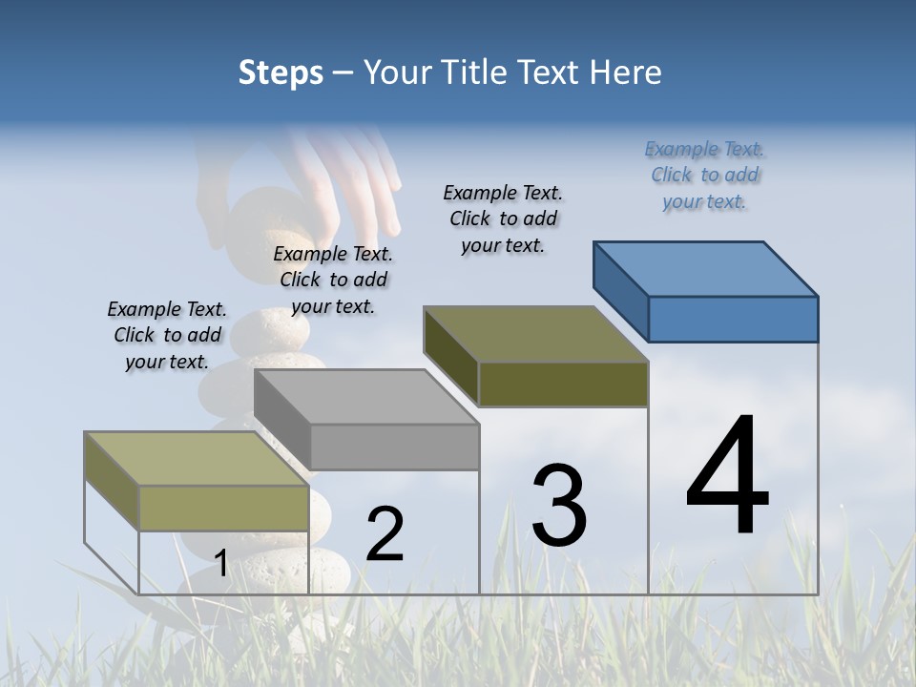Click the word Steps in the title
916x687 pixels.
tap(280, 73)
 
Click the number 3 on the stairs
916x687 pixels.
tap(559, 505)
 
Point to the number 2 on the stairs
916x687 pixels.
tap(385, 534)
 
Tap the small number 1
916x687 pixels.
tap(220, 563)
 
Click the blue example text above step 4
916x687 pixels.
tap(704, 176)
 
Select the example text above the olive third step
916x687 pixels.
tap(503, 219)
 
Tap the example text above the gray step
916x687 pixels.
tap(333, 280)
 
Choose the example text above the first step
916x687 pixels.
tap(167, 335)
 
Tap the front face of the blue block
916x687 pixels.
tap(733, 319)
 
